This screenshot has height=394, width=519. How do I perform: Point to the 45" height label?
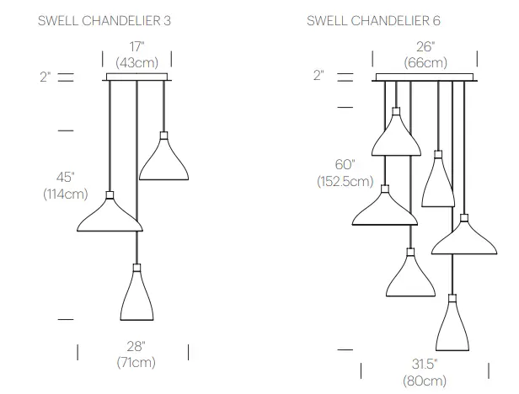[66, 177]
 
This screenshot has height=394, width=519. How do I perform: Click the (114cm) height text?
[66, 194]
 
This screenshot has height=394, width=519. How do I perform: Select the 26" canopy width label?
[425, 47]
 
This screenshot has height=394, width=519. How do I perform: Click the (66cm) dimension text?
[425, 62]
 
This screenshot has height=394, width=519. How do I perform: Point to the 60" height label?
[345, 164]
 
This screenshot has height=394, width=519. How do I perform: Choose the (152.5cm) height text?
[345, 181]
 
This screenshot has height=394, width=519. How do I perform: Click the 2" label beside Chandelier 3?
[45, 77]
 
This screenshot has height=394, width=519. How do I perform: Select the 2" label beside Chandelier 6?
[318, 75]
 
